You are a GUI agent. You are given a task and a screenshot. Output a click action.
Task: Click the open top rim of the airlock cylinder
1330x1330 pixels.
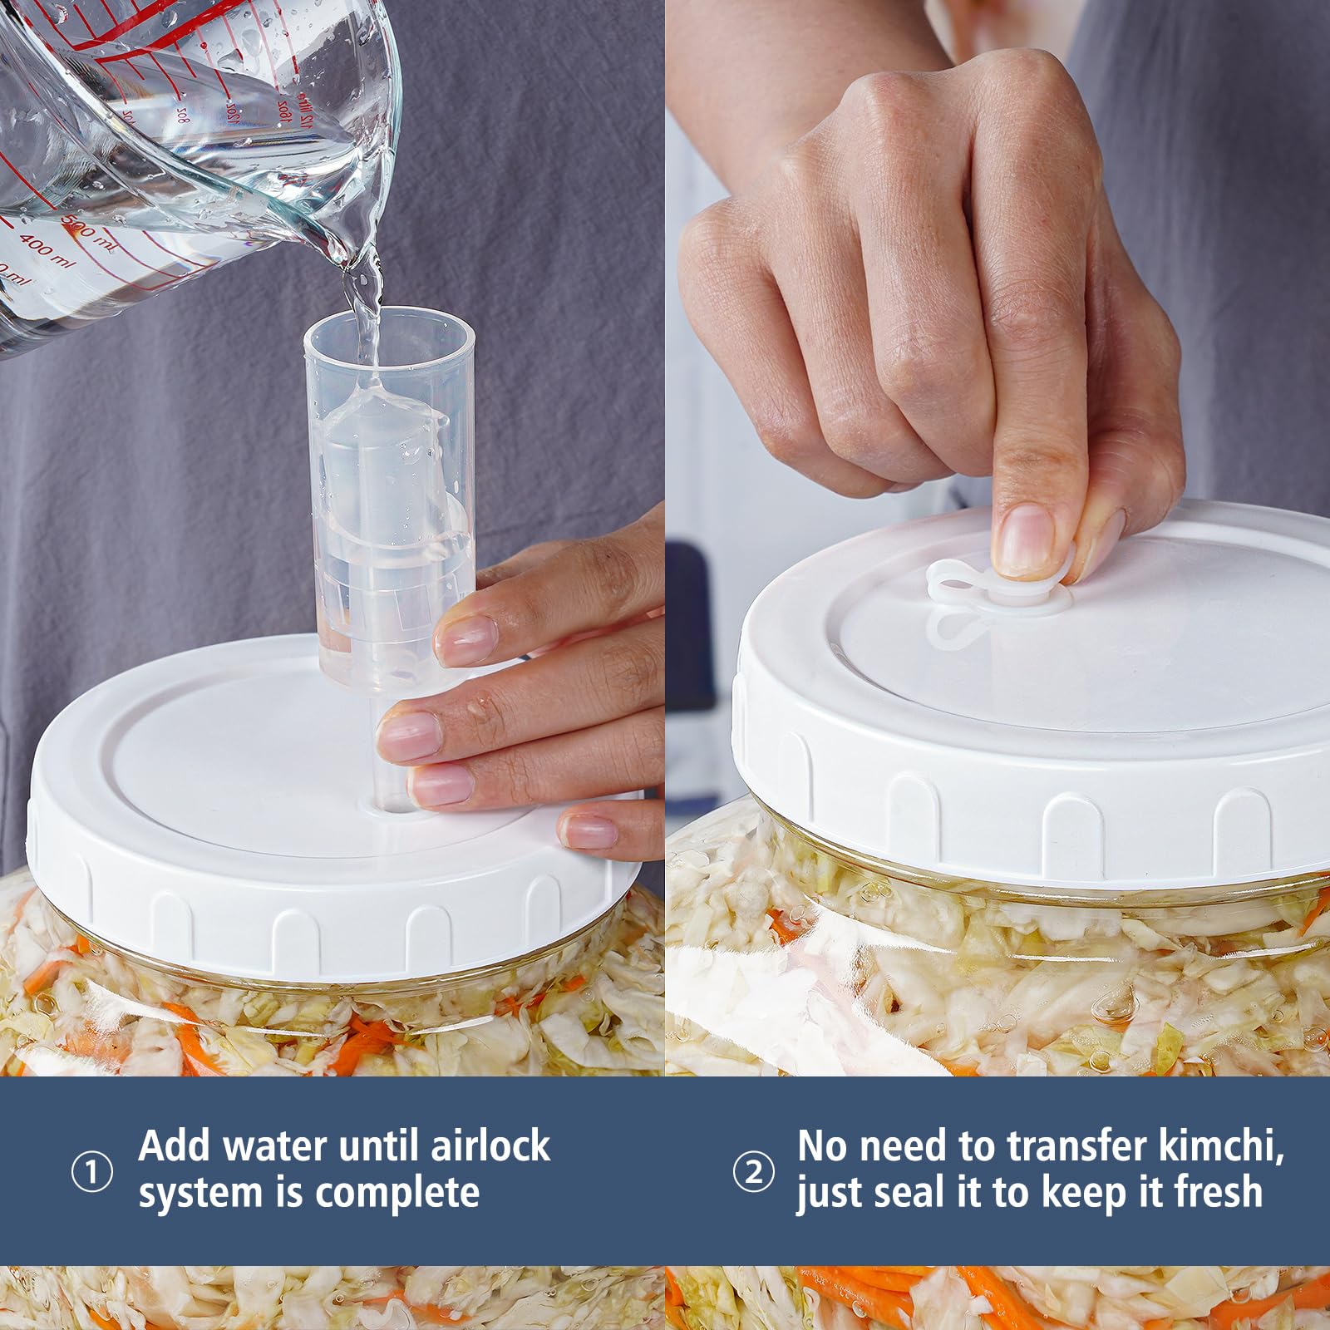[389, 324]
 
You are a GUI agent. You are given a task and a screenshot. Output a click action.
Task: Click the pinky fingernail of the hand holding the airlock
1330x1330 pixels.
[589, 830]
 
